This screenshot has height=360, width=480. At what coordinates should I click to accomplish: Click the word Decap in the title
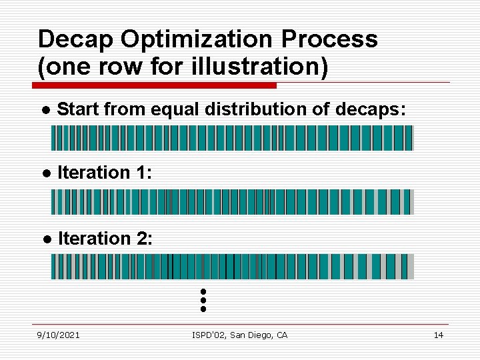(76, 40)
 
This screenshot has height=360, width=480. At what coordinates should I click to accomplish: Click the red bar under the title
(155, 85)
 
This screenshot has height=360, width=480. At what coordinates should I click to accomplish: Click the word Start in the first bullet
(79, 109)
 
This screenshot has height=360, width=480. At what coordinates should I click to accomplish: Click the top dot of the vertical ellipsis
(203, 292)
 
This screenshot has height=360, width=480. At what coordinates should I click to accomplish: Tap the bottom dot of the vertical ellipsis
(203, 309)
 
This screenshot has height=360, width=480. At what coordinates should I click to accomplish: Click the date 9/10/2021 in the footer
(58, 335)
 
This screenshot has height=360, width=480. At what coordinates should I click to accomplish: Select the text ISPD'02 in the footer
(208, 335)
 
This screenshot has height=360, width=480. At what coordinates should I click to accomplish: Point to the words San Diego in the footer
(250, 335)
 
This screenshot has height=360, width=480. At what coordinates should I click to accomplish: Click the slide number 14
(438, 335)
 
